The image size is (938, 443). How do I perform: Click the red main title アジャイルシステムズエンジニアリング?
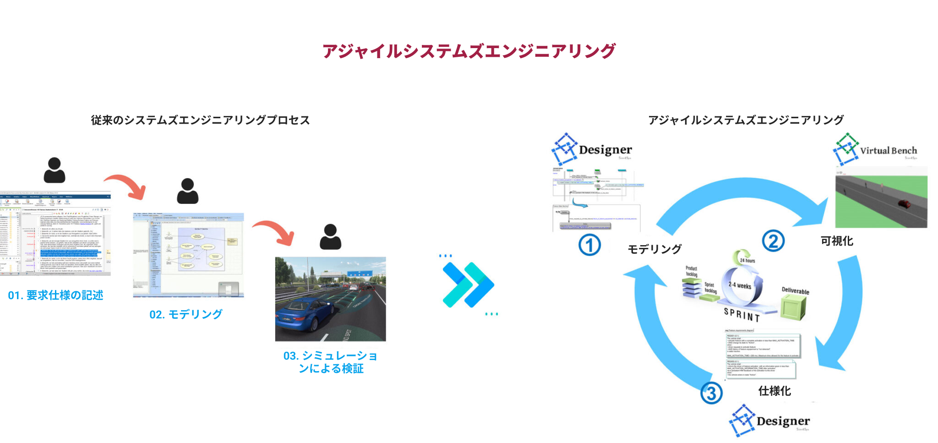click(x=469, y=51)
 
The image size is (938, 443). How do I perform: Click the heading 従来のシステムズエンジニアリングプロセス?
click(x=200, y=120)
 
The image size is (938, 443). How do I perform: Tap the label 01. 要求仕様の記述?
click(x=55, y=295)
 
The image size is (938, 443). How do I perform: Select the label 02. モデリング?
click(x=186, y=314)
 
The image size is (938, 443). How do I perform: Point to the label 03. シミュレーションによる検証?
click(x=330, y=362)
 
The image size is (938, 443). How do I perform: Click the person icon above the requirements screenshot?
click(x=55, y=170)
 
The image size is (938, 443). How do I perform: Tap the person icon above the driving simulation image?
click(x=330, y=237)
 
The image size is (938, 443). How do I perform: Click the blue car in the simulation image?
click(x=302, y=312)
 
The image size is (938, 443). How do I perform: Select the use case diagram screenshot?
click(x=188, y=255)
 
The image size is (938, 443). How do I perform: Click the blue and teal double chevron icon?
click(x=468, y=284)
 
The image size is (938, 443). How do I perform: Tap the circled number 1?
click(x=589, y=245)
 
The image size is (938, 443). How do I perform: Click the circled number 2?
click(x=773, y=241)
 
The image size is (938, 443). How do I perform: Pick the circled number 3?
click(x=711, y=393)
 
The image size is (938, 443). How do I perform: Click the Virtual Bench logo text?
click(x=888, y=151)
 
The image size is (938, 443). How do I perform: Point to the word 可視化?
click(x=836, y=241)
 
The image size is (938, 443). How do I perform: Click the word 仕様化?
click(x=774, y=391)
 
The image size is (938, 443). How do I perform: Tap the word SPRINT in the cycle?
click(x=742, y=315)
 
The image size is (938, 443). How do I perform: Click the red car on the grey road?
click(x=904, y=203)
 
